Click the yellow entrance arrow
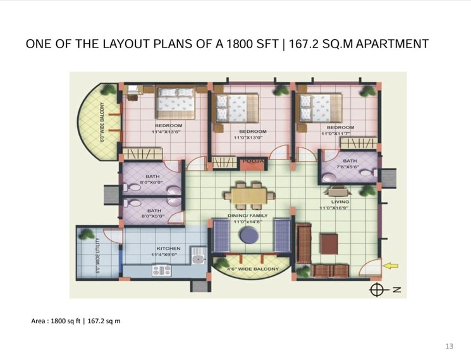[x=392, y=266]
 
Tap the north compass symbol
[x=377, y=290]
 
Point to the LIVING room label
[x=340, y=202]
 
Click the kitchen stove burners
[x=162, y=270]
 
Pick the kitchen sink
[x=198, y=257]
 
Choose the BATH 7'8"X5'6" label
[x=350, y=164]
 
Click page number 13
[x=450, y=345]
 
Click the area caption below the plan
[x=76, y=321]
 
